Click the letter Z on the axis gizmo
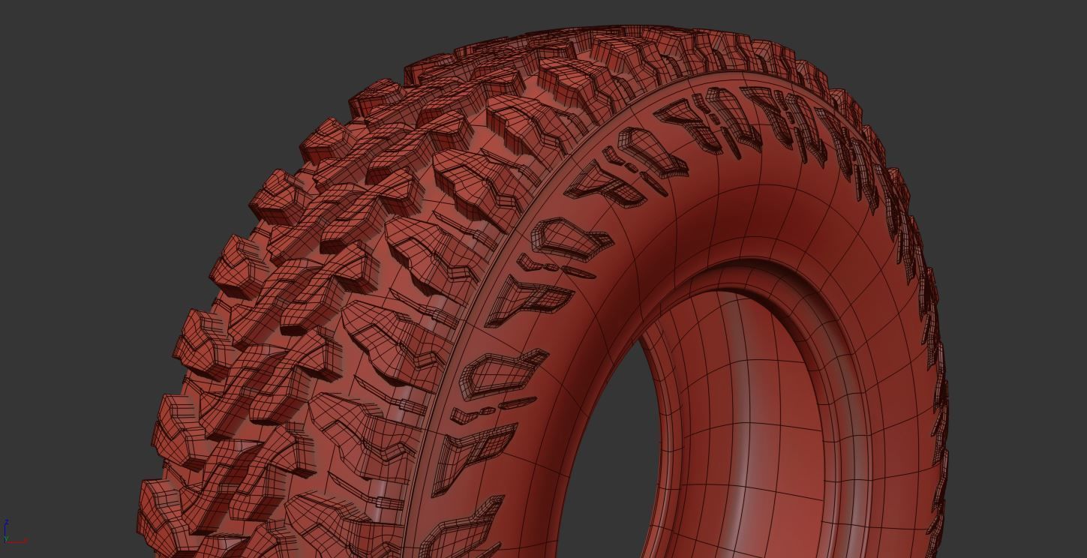tap(7, 522)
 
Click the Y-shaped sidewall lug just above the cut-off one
tap(473, 450)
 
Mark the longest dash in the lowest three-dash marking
tap(518, 403)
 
